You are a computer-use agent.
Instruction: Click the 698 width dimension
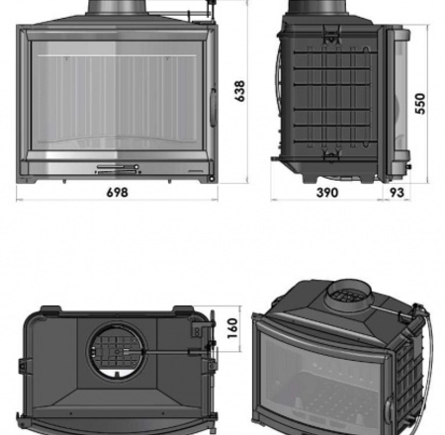117,192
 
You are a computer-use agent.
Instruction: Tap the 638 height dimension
239,91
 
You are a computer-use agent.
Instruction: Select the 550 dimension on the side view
420,104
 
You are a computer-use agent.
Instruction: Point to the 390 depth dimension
327,193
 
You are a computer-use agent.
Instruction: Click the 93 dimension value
397,193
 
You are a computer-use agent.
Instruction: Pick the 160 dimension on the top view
232,328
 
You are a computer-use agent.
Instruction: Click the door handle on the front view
214,107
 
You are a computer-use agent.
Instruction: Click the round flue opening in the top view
117,352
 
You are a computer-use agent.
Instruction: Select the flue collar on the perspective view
349,296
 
